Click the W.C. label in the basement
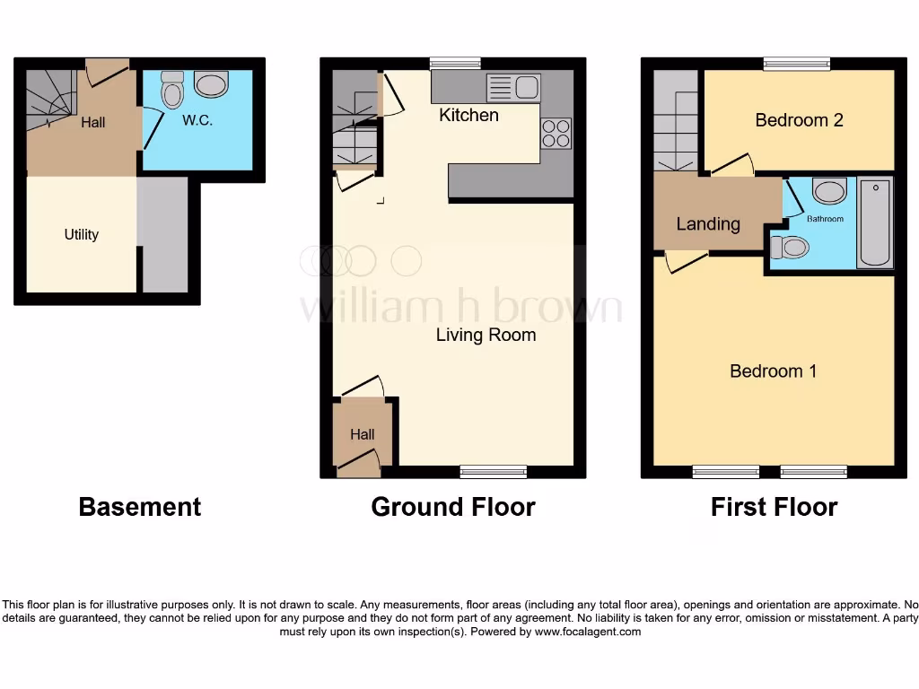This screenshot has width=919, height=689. (197, 120)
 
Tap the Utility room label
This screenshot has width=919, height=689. (81, 234)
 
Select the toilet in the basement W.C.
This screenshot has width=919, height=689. (171, 90)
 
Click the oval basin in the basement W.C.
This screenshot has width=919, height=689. (211, 85)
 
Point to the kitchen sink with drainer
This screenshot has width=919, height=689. (513, 88)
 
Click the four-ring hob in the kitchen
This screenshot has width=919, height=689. (556, 134)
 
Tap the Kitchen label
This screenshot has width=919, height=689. (468, 115)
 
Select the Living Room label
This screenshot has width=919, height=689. (486, 335)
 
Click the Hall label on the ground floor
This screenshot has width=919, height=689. (362, 434)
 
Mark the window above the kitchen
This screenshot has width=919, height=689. (454, 63)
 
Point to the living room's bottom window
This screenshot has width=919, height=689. (494, 471)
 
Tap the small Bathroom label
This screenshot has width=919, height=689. (825, 218)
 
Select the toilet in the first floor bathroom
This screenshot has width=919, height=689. (789, 247)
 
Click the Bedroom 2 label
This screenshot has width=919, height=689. (799, 119)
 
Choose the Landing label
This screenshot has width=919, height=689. (708, 223)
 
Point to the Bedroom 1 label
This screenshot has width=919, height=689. (773, 371)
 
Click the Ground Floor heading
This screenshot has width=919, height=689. (452, 507)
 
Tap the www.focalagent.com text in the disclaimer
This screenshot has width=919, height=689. (588, 632)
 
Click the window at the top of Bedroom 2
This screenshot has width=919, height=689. (796, 63)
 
